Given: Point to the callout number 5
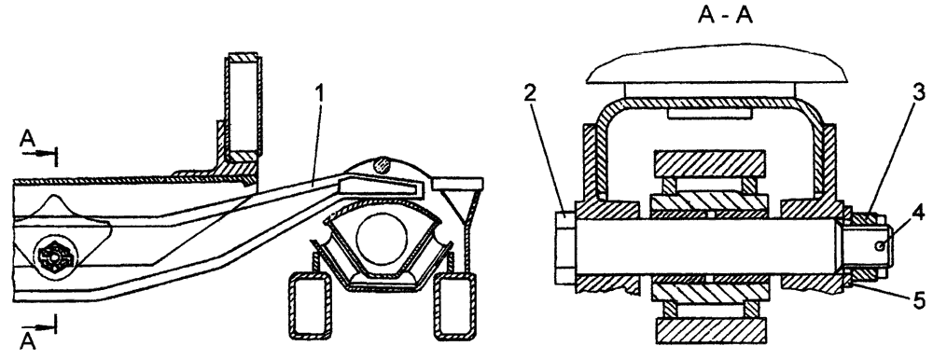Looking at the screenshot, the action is tap(919, 297).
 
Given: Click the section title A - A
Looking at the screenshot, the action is tap(725, 15).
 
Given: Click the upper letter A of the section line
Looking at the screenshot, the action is tap(27, 139).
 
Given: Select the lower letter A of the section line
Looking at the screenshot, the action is tap(27, 341).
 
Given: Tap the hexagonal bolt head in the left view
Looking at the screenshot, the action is tap(54, 257).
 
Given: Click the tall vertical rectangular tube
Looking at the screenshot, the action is tap(242, 107).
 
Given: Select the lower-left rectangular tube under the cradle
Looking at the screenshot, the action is tap(310, 307).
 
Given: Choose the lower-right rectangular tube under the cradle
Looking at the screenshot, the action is tap(455, 307).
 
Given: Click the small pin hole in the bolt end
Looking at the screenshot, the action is tap(878, 246).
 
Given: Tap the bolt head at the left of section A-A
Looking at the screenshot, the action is tap(564, 247).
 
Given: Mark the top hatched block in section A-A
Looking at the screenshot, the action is tap(709, 162).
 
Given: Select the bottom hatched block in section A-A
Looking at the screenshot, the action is tap(709, 330).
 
